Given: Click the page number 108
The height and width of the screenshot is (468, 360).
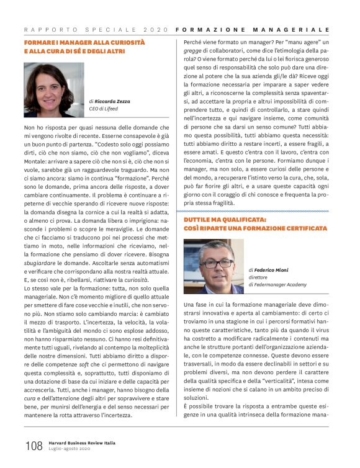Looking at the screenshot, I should (34, 445).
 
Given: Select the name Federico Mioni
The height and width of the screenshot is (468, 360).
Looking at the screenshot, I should (271, 271).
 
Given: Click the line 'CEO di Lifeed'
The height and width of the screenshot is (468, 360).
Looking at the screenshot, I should (104, 109).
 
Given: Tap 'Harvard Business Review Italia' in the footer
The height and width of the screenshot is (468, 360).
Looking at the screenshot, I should (83, 443).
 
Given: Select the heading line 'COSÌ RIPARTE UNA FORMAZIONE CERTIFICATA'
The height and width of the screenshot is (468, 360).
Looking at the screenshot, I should (255, 228).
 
